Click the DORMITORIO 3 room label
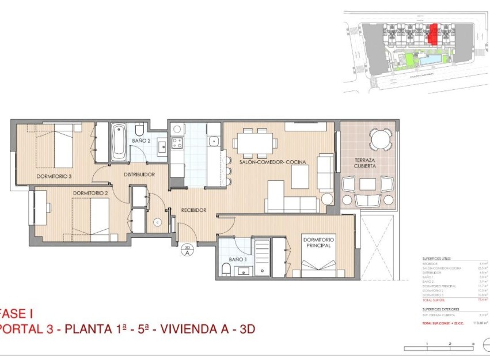pos(54,176)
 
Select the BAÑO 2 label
pos(141,140)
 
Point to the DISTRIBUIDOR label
pos(139,174)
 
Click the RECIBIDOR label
pos(193,210)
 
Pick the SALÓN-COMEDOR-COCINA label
pos(272,162)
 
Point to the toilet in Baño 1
pos(226,270)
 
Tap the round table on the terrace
pos(378,138)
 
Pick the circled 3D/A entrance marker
pos(187,249)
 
